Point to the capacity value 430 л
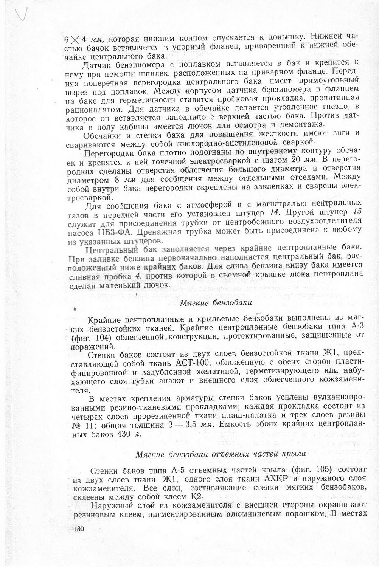pyautogui.click(x=129, y=434)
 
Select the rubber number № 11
pyautogui.click(x=81, y=425)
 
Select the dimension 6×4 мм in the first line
pyautogui.click(x=84, y=39)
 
